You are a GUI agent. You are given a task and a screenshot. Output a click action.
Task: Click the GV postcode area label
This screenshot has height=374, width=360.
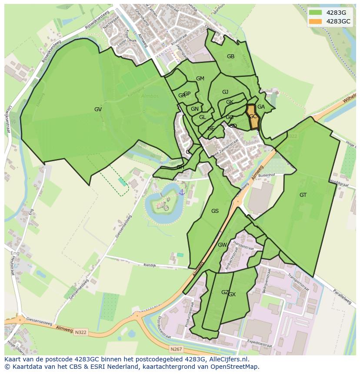(x=98, y=109)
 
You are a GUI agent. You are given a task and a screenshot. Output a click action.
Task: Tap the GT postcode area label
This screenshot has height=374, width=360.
(x=303, y=195)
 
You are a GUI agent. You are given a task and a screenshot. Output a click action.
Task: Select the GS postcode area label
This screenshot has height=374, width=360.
(x=215, y=211)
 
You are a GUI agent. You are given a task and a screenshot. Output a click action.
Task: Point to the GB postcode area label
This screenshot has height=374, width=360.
(x=230, y=56)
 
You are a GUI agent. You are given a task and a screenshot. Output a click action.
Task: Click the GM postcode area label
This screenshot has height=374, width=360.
(x=200, y=79)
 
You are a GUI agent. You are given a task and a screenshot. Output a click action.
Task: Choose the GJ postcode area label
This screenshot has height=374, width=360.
(x=225, y=92)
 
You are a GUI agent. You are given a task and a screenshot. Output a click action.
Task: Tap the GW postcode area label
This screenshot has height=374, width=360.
(x=222, y=245)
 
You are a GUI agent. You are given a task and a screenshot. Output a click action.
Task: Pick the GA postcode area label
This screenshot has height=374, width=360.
(x=261, y=107)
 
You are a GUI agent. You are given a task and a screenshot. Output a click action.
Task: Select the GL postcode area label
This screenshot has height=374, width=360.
(x=203, y=117)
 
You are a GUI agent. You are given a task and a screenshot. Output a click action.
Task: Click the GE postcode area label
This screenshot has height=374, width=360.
(x=211, y=129)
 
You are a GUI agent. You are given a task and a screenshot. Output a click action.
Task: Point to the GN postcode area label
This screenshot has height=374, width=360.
(x=195, y=109)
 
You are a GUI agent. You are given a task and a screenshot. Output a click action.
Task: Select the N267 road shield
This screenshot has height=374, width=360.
(x=176, y=349)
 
